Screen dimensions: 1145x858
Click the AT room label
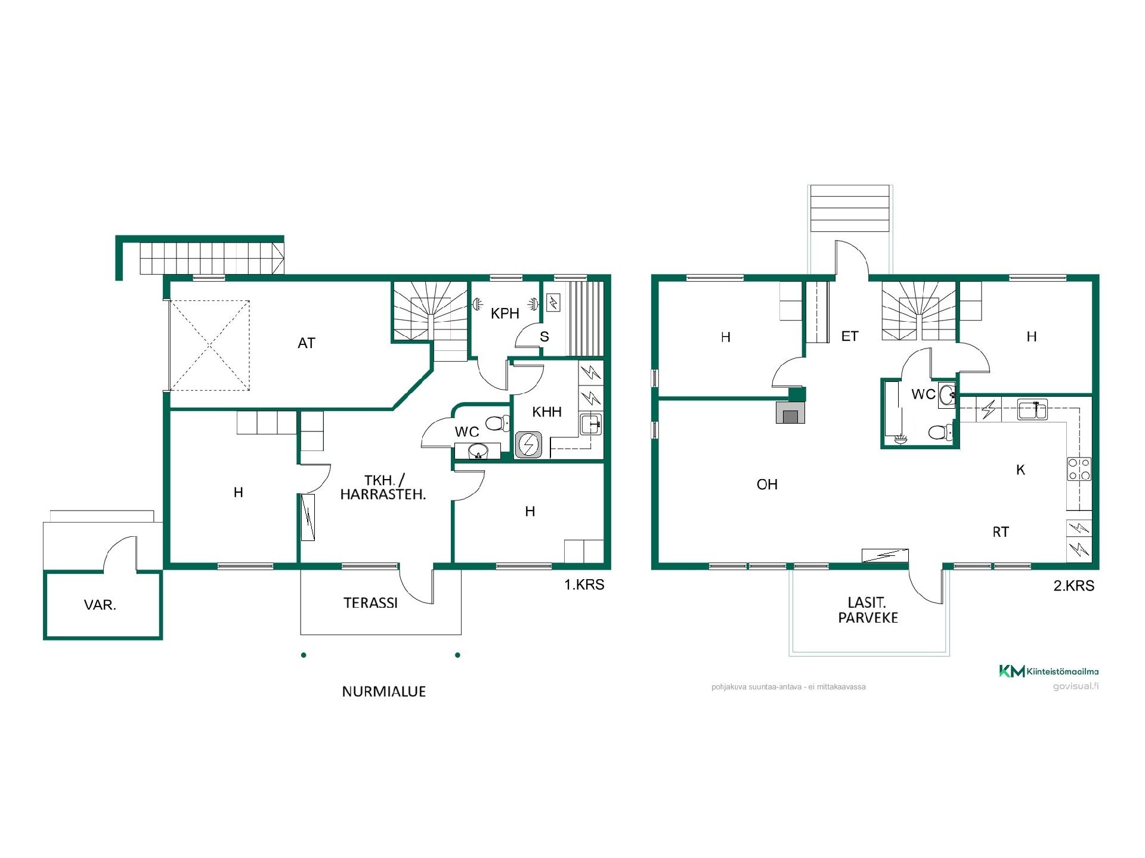point(307,343)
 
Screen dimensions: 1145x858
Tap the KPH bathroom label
point(505,313)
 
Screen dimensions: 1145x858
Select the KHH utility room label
point(547,412)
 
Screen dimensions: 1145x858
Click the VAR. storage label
point(100,605)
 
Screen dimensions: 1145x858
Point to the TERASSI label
point(370,603)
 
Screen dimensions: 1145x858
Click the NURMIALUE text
point(384,692)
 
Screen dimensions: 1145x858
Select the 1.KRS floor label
point(584,585)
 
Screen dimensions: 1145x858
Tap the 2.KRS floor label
point(1074,586)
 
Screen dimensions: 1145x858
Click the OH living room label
point(767,485)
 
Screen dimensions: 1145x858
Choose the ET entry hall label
point(850,337)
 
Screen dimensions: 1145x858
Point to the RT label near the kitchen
point(1001,532)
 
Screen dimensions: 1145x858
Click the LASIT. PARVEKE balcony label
point(868,611)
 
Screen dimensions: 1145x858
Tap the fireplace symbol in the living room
point(790,412)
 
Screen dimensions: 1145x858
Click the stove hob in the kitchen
point(1079,469)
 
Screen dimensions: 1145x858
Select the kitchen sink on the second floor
point(1032,411)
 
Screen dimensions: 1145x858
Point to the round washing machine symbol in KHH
point(529,444)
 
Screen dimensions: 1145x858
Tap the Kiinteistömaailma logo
point(1048,672)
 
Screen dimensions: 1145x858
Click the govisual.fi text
point(1075,686)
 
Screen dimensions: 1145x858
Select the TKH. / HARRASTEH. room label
point(383,487)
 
